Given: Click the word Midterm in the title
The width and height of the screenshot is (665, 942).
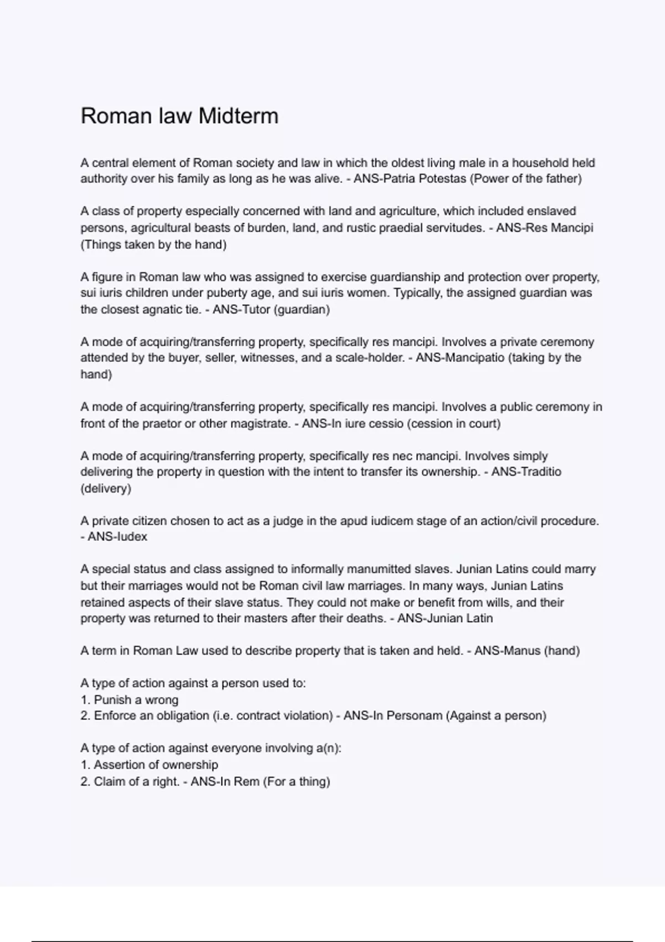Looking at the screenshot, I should (238, 116).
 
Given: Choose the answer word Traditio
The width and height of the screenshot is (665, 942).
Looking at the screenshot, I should (538, 472).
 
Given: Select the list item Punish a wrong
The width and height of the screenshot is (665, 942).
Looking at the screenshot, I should (136, 700).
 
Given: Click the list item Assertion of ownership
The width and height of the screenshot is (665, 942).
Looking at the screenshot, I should (156, 765).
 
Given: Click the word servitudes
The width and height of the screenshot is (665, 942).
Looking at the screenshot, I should (454, 228).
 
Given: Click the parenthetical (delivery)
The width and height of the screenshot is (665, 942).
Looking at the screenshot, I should (106, 489).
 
